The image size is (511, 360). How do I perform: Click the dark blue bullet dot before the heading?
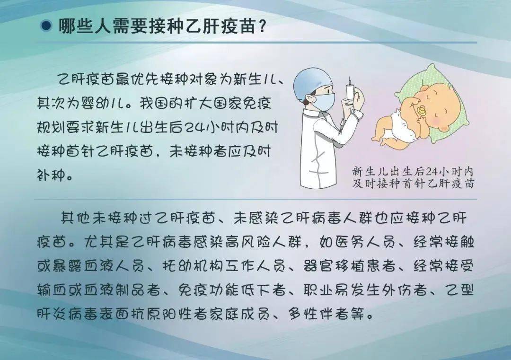click(46, 26)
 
